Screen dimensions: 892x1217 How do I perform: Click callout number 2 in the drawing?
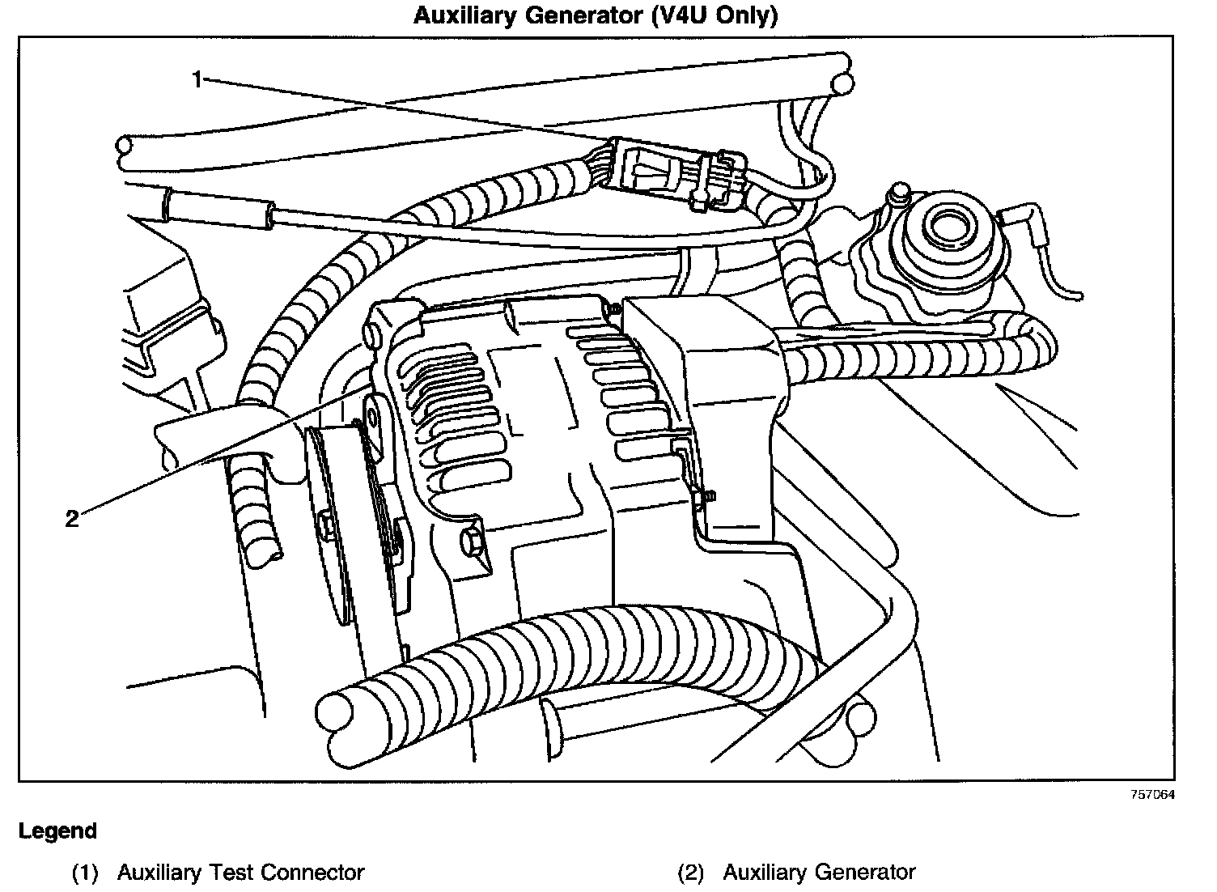tap(72, 519)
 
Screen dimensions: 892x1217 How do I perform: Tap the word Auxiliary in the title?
tap(466, 16)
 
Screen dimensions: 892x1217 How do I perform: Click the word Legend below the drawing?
tap(57, 831)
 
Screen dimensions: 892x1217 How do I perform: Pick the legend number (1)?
tap(85, 873)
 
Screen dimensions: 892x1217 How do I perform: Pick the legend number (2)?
tap(690, 873)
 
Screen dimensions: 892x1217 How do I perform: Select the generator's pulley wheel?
tap(332, 526)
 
